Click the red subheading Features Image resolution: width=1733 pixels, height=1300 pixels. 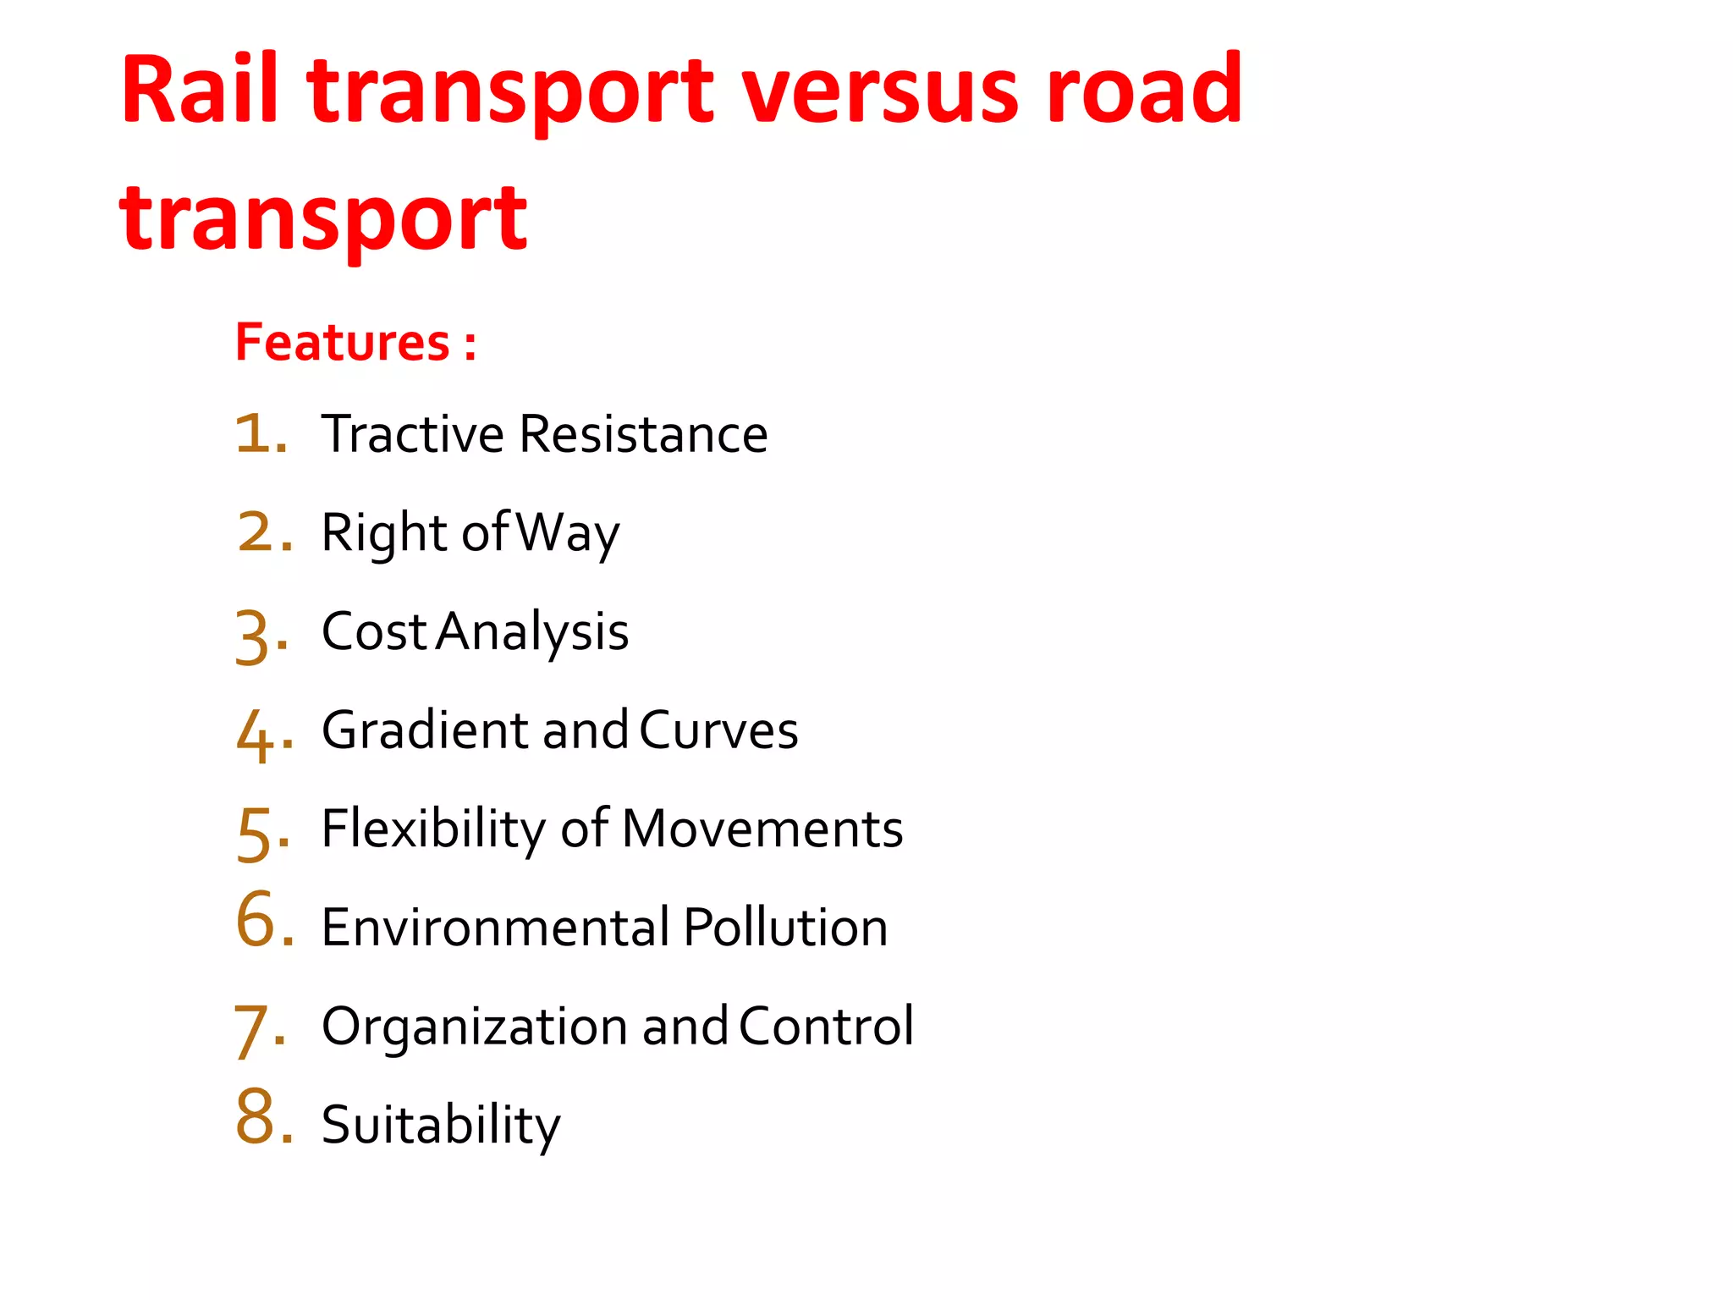coord(343,342)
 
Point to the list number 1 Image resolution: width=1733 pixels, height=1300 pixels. coord(258,433)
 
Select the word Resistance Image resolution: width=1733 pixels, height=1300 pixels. coord(643,434)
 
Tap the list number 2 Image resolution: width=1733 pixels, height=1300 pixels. coord(262,532)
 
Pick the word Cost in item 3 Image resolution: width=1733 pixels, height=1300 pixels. coord(374,631)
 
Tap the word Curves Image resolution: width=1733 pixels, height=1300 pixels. coord(718,730)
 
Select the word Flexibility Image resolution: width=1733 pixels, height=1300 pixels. coord(433,829)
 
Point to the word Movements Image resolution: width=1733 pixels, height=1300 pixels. coord(762,829)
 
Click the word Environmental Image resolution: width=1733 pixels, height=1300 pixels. coord(496,927)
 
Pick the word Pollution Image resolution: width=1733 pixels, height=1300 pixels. coord(785,927)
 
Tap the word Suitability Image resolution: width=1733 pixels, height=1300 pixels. coord(441,1126)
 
